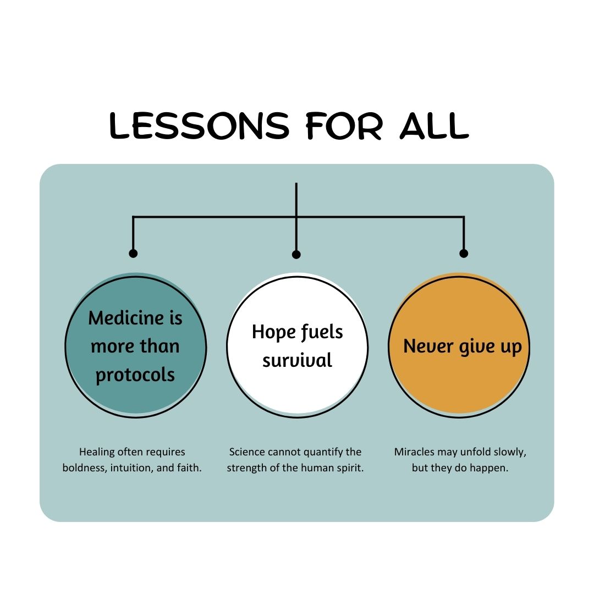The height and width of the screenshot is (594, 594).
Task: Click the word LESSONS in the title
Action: [x=199, y=125]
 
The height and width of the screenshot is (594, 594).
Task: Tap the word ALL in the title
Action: [x=434, y=125]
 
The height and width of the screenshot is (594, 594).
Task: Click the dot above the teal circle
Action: [x=133, y=254]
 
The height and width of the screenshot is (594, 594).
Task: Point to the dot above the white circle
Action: [x=296, y=254]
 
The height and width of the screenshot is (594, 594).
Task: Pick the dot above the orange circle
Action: [x=464, y=254]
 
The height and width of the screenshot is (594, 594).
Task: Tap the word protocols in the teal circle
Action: [x=135, y=376]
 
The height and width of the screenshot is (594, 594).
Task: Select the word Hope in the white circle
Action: [x=274, y=332]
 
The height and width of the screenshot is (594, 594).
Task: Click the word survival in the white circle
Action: [x=298, y=360]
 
